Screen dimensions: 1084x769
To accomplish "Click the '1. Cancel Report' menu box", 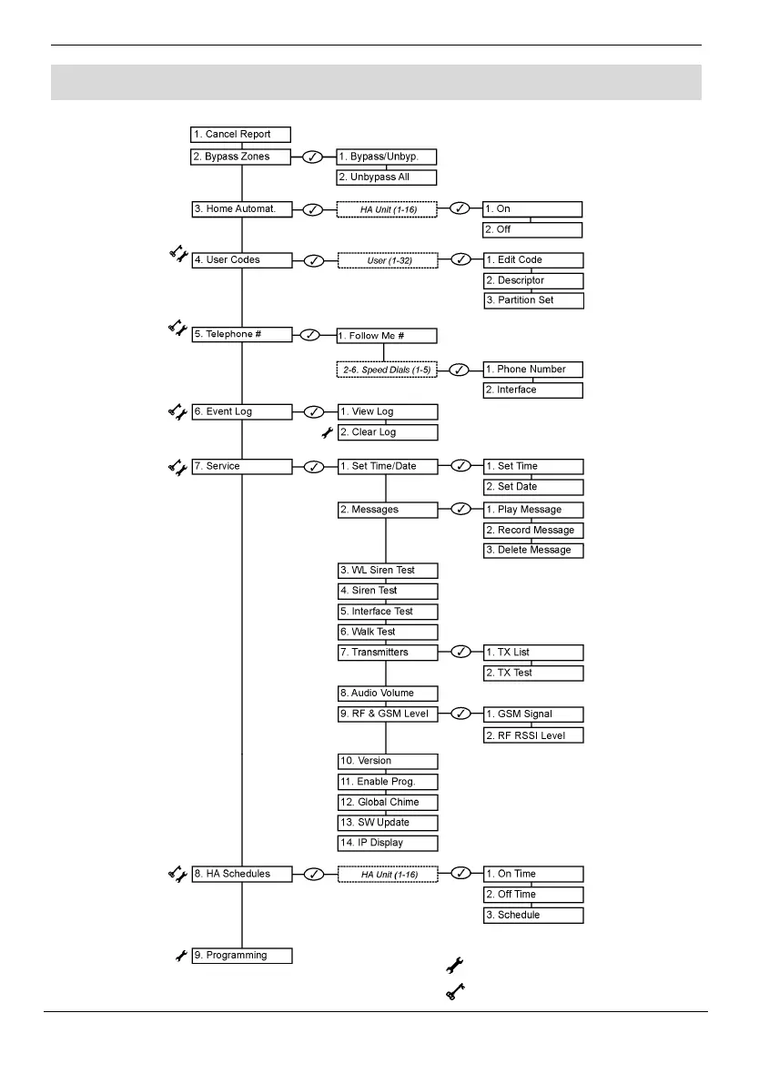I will (241, 135).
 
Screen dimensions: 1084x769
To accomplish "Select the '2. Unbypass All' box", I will (387, 177).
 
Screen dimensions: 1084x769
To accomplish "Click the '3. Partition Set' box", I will (532, 300).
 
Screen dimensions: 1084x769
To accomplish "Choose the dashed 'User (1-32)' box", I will (387, 260).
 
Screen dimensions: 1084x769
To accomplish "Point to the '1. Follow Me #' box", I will (387, 336).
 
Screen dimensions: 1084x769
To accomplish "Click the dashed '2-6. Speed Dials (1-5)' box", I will (387, 370).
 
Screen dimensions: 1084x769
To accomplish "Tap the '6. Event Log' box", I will (241, 411).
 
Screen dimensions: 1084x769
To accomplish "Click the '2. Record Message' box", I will (532, 531).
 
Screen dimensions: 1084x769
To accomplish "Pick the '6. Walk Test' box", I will (387, 632).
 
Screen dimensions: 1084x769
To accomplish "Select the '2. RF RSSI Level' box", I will (532, 734).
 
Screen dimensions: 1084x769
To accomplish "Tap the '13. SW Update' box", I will (387, 823).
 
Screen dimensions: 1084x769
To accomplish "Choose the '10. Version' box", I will (387, 761).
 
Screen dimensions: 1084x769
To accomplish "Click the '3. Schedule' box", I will (532, 915).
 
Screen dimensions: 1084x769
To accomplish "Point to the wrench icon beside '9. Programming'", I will (180, 956).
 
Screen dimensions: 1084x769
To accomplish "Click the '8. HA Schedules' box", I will (241, 874).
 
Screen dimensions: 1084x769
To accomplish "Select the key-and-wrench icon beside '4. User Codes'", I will (177, 257).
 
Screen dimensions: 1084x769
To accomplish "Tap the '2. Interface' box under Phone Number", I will (532, 390).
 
